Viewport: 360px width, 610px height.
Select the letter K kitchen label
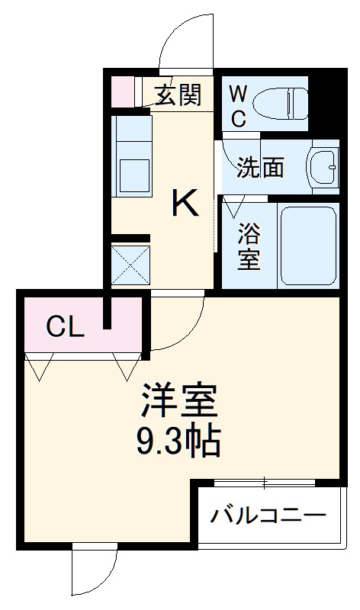click(185, 203)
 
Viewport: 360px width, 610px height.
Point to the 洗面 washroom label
click(259, 167)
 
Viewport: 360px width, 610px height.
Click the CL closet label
click(64, 327)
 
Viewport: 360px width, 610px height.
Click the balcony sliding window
click(264, 482)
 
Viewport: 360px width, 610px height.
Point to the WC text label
click(238, 105)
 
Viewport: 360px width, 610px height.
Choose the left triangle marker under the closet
click(40, 368)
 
